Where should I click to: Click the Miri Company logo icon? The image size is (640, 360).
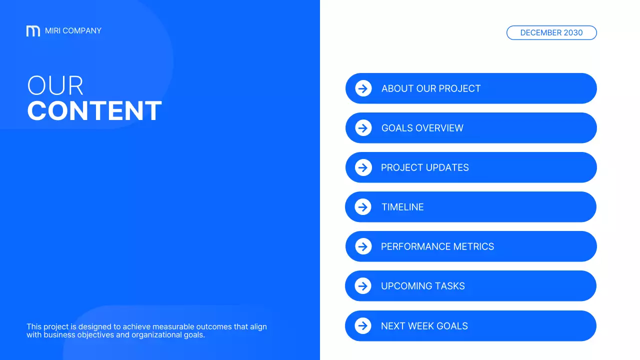33,31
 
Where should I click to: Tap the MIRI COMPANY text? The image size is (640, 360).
73,31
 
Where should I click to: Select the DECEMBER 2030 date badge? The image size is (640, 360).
551,33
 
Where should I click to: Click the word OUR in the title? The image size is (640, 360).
55,86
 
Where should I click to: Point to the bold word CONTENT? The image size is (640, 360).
94,111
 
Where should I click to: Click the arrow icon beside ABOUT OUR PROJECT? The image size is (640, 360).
363,88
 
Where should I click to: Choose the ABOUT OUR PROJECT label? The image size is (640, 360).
431,88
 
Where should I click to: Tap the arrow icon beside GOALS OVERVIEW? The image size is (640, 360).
363,128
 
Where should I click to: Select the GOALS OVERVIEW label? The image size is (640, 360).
422,128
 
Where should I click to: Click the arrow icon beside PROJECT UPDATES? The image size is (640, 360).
363,167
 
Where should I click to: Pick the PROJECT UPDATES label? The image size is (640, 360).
425,167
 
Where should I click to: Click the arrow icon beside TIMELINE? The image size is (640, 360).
363,207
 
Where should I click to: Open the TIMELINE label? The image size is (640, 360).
402,207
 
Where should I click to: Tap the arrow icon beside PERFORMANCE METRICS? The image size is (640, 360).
363,246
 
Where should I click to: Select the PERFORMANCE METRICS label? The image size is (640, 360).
437,246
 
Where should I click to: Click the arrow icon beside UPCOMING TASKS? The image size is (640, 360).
363,286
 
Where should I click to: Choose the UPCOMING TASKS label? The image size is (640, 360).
423,286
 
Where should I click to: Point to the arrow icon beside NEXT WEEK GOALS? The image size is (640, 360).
363,326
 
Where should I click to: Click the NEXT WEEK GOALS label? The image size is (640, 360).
424,326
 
